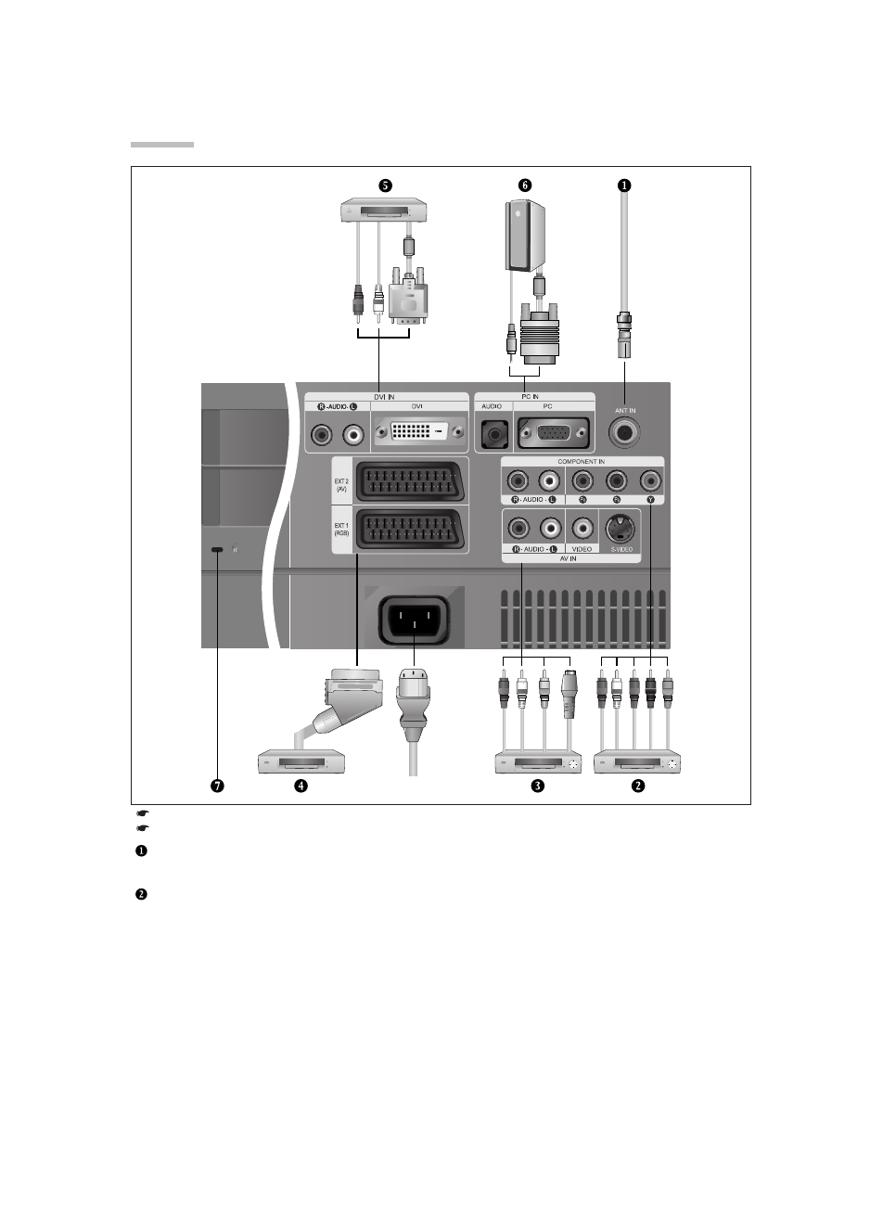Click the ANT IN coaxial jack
point(624,432)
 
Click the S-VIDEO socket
point(620,529)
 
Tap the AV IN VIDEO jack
point(582,529)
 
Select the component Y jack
point(650,480)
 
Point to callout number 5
point(384,185)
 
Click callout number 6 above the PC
point(525,185)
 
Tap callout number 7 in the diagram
point(216,786)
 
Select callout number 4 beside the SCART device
point(301,786)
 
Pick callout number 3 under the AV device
point(537,786)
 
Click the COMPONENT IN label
point(581,461)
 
